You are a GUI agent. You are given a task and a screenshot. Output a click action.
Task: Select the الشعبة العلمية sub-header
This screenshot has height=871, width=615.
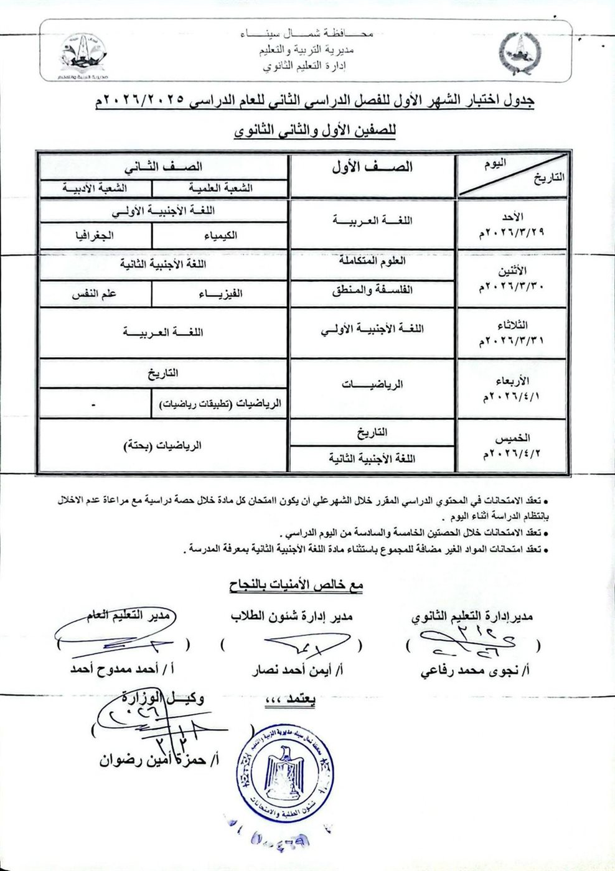[220, 187]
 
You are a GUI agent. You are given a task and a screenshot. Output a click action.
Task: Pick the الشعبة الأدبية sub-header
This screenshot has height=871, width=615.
[95, 187]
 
